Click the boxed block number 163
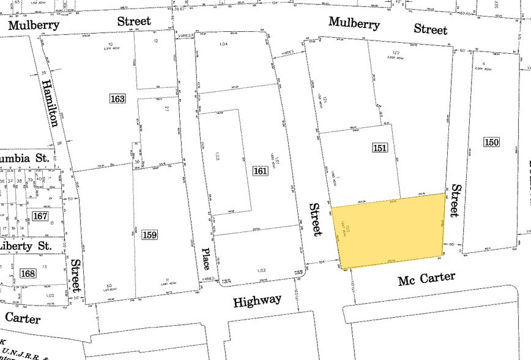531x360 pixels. [117, 99]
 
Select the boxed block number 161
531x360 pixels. [260, 171]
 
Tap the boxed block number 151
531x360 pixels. [379, 148]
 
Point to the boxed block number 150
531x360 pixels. [491, 143]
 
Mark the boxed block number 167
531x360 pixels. [40, 216]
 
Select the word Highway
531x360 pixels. [257, 300]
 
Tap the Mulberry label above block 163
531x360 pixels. [34, 25]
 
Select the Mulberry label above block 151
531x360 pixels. [354, 24]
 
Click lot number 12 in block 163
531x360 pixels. [157, 41]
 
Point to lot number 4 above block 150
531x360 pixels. [483, 64]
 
